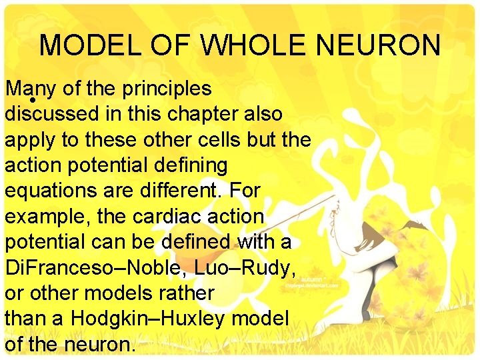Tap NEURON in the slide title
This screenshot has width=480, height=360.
coord(379,45)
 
